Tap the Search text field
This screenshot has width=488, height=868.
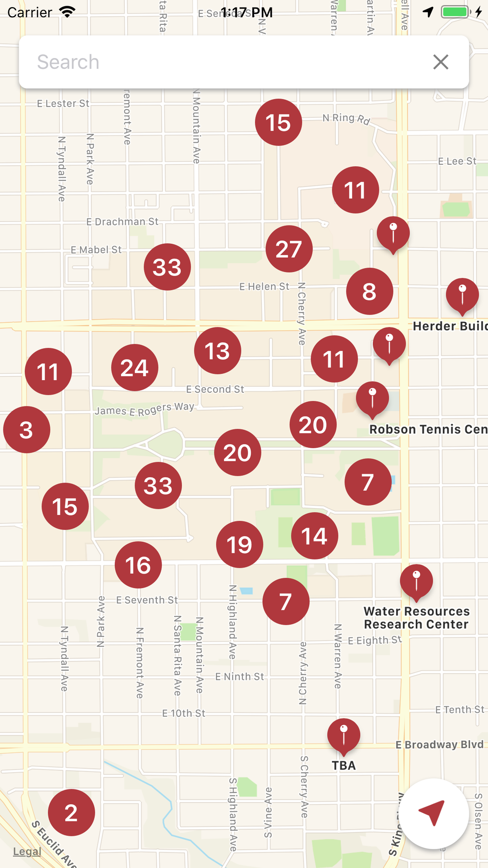click(220, 62)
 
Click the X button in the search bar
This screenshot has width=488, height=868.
click(441, 62)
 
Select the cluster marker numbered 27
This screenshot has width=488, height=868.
click(289, 249)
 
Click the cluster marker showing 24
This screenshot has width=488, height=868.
click(134, 368)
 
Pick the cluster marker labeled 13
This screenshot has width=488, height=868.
click(217, 351)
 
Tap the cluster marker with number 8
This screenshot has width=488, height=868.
click(369, 291)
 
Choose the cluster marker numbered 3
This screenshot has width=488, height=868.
click(26, 429)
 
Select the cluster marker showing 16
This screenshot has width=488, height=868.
click(138, 565)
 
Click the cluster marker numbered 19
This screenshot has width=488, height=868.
click(239, 544)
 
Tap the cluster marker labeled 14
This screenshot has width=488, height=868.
click(314, 536)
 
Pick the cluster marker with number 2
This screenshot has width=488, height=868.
click(71, 812)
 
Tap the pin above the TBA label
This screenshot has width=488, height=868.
click(344, 734)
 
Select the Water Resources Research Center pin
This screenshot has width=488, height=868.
click(416, 581)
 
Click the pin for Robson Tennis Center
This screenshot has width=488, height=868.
click(372, 398)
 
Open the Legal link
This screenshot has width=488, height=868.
click(27, 851)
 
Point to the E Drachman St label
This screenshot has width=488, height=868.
click(122, 222)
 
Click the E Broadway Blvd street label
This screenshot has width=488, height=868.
click(439, 744)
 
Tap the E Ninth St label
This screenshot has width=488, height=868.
click(239, 676)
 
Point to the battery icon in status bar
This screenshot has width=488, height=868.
click(455, 12)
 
